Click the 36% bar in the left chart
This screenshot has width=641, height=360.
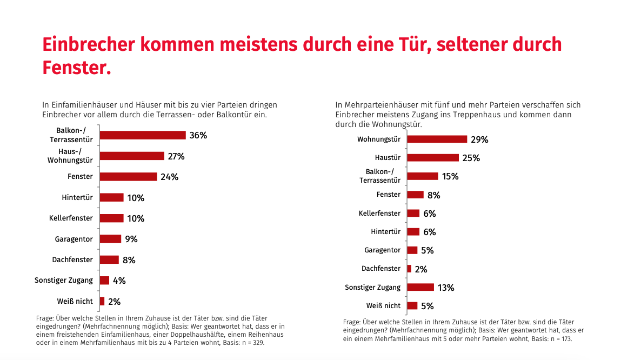(143, 135)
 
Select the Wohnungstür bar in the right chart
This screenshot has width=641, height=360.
(437, 139)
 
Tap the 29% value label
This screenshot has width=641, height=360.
(479, 139)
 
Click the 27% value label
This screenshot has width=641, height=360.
(176, 156)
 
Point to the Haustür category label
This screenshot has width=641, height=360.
(388, 158)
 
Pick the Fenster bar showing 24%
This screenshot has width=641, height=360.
(128, 177)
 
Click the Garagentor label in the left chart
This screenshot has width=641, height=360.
(74, 239)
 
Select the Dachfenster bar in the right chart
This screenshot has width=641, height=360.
(409, 269)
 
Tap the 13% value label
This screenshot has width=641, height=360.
(446, 288)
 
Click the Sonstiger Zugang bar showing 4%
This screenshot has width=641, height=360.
(104, 281)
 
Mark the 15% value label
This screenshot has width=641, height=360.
(450, 176)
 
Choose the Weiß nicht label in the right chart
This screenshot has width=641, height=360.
(383, 305)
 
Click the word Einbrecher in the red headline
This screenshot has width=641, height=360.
(88, 44)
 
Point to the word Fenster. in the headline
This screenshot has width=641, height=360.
(77, 68)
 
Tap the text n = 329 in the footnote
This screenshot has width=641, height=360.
(251, 343)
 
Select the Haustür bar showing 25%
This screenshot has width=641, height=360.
(433, 158)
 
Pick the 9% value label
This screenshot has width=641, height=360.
(131, 239)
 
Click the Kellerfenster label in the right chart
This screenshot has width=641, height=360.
(379, 213)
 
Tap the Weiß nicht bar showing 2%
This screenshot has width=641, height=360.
(102, 301)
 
